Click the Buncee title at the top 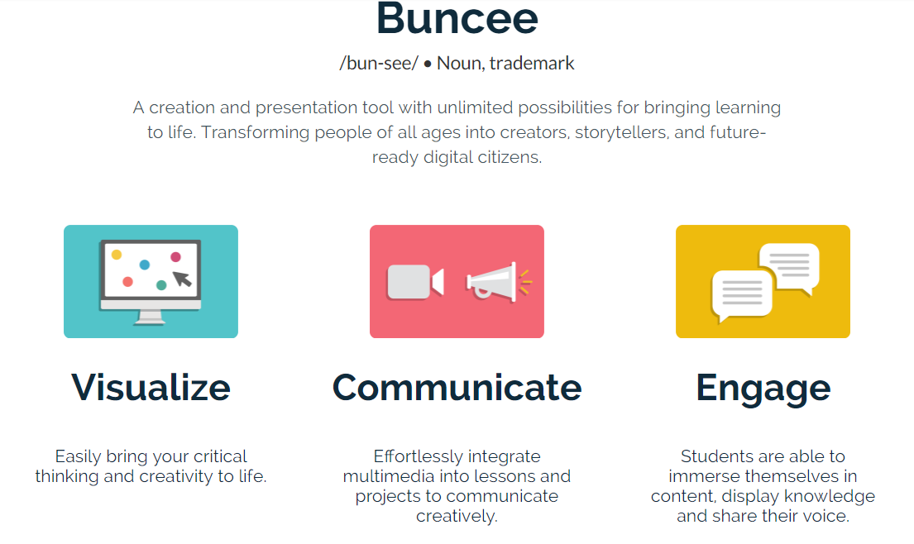[x=457, y=19]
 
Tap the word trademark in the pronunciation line [x=532, y=63]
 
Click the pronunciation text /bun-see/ [x=379, y=63]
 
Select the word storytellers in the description [x=621, y=133]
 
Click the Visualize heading [x=151, y=387]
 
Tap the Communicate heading [x=457, y=387]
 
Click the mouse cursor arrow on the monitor [x=183, y=279]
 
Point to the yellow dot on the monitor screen [x=117, y=255]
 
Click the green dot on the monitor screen [x=161, y=284]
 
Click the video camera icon [x=415, y=282]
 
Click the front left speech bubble [x=742, y=294]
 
